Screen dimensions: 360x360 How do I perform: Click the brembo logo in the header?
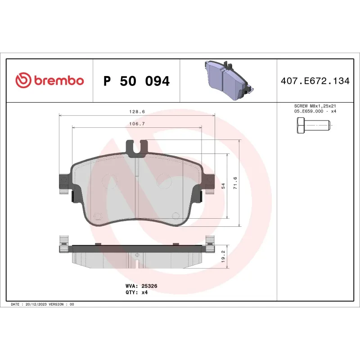click(49, 81)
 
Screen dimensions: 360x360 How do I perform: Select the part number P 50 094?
click(136, 81)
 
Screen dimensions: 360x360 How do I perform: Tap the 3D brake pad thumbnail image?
click(229, 81)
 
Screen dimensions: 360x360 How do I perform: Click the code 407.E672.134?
click(315, 81)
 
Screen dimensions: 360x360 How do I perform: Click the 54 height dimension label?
click(224, 185)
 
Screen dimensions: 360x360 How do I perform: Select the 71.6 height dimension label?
click(235, 183)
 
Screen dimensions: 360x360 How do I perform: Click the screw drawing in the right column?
click(314, 126)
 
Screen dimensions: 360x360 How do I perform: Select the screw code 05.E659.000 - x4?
click(315, 111)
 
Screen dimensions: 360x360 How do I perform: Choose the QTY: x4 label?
click(136, 292)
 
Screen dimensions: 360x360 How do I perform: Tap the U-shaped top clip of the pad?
click(137, 148)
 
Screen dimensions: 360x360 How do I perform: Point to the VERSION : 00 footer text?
click(63, 305)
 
